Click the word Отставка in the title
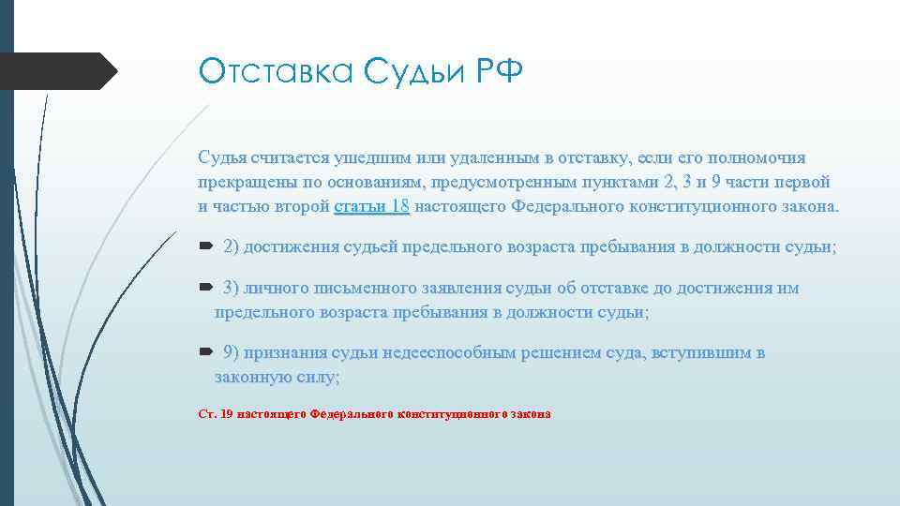(x=273, y=71)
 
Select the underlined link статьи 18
(x=371, y=206)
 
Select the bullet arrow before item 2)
(x=206, y=246)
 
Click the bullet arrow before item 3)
(x=206, y=288)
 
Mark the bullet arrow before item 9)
(x=206, y=352)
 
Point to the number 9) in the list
(x=232, y=352)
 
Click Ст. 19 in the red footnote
(x=216, y=413)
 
